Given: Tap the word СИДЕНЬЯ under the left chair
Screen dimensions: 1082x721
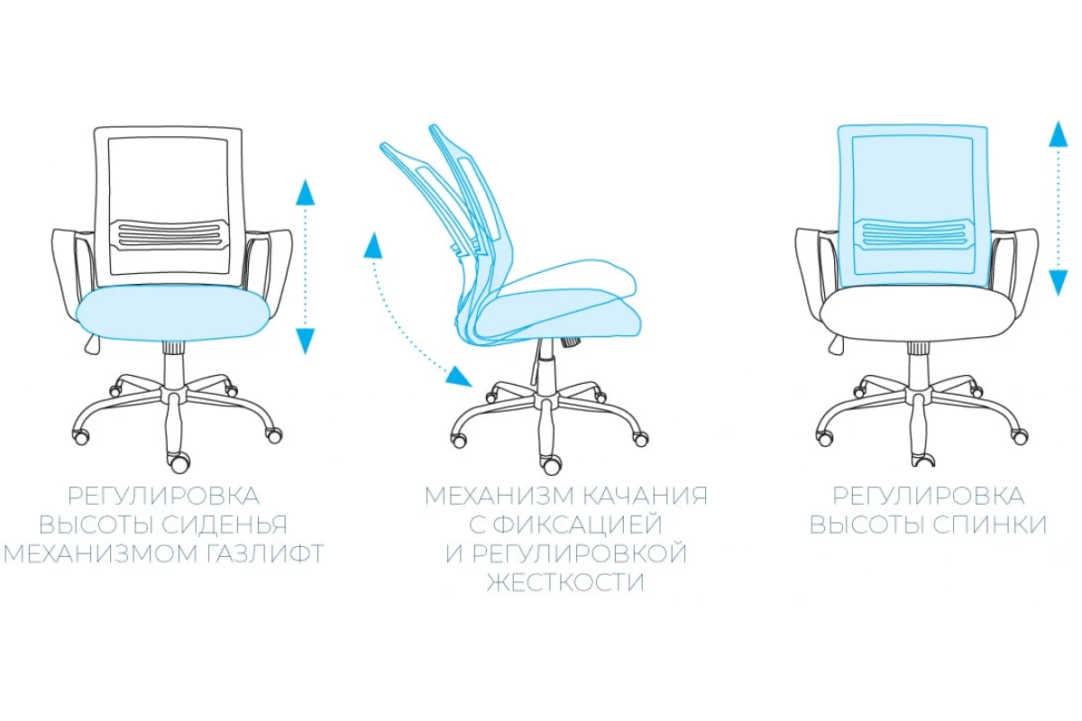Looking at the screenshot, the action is point(225,525).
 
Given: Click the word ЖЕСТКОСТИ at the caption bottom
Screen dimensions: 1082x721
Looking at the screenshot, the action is point(565,583).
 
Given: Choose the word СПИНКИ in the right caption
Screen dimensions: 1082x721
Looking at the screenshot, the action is point(989,525).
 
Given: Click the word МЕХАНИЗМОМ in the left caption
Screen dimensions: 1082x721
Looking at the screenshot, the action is point(100,554).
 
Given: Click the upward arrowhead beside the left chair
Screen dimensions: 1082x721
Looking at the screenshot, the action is point(306,192).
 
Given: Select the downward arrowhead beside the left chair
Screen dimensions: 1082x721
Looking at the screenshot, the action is point(306,341).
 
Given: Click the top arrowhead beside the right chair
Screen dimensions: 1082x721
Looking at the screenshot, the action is point(1058,133).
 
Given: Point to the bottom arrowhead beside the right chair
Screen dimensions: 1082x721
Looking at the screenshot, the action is point(1058,282).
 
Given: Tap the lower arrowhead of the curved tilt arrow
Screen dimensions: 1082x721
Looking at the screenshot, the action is point(458,377).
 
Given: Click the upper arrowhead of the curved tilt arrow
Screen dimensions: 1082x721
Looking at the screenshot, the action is point(373,245).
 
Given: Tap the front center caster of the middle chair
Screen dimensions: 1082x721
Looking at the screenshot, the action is point(551,464).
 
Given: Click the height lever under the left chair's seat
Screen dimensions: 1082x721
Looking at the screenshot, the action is point(93,344).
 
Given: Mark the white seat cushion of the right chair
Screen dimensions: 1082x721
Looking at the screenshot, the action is point(914,314).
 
